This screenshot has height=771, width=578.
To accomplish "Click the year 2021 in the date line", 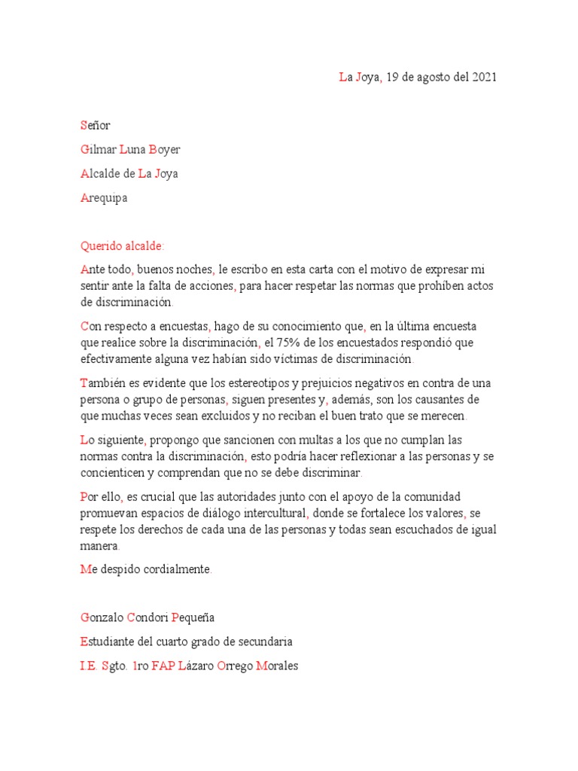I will tap(485, 78).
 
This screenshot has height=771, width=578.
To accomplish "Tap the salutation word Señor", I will tap(95, 126).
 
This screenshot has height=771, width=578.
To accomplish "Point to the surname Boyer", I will tap(165, 150).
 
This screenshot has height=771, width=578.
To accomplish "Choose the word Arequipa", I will tap(104, 198).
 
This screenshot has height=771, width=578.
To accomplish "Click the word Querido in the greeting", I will tap(101, 246).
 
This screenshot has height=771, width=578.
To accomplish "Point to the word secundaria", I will tap(266, 642).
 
